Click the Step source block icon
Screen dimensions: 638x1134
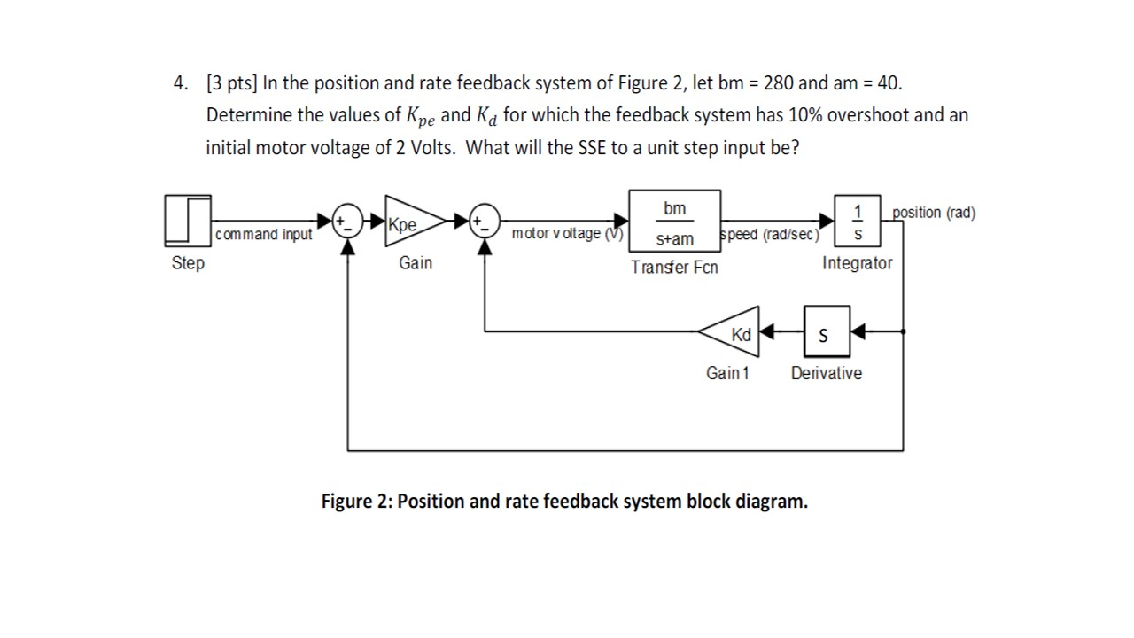click(x=188, y=220)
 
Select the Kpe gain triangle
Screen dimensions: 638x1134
click(x=409, y=222)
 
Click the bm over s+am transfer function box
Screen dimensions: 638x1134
click(x=674, y=221)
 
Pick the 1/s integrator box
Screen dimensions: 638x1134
click(x=857, y=221)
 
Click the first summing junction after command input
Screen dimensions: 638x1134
click(x=347, y=220)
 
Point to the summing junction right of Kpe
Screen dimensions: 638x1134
click(x=485, y=220)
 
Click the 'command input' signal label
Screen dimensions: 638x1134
click(x=264, y=234)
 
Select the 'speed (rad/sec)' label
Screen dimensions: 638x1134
click(x=769, y=235)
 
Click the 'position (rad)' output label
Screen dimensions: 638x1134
click(x=934, y=213)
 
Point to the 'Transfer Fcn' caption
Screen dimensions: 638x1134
click(x=674, y=267)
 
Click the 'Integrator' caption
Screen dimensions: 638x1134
click(x=857, y=263)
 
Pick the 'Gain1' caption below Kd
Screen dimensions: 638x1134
click(x=727, y=373)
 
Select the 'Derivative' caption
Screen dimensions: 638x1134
click(x=826, y=373)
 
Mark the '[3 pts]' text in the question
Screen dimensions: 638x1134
click(x=231, y=83)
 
